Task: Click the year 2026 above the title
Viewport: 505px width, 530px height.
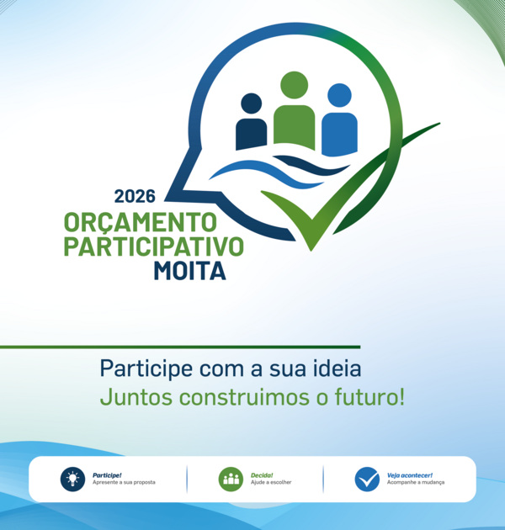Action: click(x=135, y=196)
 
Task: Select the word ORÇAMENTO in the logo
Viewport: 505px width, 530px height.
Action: click(x=140, y=223)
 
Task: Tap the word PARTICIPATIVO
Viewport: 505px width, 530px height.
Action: click(x=153, y=246)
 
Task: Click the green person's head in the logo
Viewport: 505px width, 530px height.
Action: click(x=295, y=85)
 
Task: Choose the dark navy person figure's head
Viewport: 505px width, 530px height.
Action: click(x=252, y=103)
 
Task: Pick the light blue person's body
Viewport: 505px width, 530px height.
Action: click(x=339, y=135)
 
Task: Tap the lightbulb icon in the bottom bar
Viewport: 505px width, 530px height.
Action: click(x=72, y=480)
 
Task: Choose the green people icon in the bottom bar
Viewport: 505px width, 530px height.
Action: click(x=231, y=480)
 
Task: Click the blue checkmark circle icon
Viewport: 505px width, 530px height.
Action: click(x=367, y=480)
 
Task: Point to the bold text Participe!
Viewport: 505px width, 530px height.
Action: click(x=107, y=475)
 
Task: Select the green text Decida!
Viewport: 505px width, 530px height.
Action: click(x=262, y=475)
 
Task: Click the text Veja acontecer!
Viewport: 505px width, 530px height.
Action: click(x=410, y=475)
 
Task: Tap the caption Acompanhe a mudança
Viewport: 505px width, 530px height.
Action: click(x=416, y=482)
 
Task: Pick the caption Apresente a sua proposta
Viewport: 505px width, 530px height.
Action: click(x=124, y=482)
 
